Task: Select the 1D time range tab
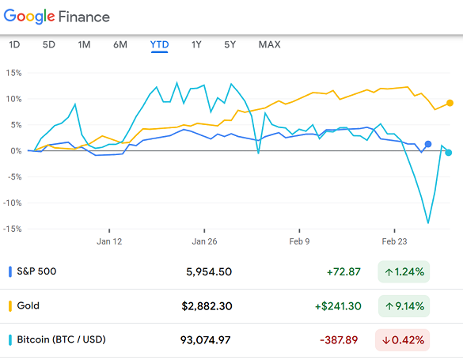click(x=14, y=44)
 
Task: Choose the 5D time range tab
click(x=48, y=44)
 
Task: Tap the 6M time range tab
click(x=120, y=44)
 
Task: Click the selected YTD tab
click(x=159, y=44)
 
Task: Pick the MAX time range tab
click(x=269, y=44)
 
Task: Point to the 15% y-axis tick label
click(x=13, y=73)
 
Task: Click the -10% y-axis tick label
click(x=12, y=203)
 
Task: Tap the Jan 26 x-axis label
click(x=204, y=241)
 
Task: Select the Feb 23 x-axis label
click(x=394, y=241)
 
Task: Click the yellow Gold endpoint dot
click(x=450, y=103)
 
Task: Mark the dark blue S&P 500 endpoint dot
click(x=428, y=144)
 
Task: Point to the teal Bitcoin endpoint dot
click(x=449, y=153)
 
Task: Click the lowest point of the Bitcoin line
click(x=428, y=222)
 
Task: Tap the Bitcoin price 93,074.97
click(x=206, y=340)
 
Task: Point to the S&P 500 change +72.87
click(x=343, y=271)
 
